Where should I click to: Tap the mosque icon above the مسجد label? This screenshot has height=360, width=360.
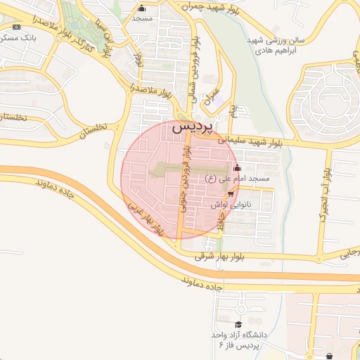[x=142, y=9]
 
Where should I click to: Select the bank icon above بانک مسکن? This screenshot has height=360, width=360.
[x=16, y=26]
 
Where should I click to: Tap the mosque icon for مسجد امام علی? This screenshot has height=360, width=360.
[x=237, y=168]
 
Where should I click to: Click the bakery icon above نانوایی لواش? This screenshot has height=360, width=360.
[x=231, y=193]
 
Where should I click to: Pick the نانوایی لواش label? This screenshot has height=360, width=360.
[x=231, y=203]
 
